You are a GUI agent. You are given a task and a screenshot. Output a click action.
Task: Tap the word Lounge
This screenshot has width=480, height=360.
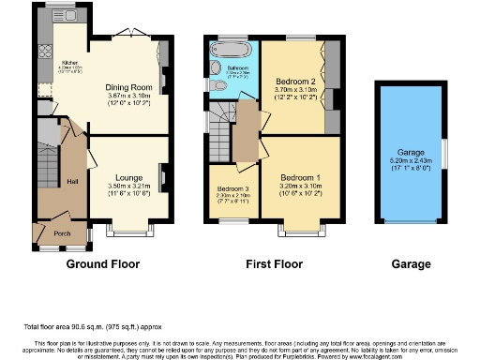tap(129, 177)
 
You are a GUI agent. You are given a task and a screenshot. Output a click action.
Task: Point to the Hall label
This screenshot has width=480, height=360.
tap(72, 181)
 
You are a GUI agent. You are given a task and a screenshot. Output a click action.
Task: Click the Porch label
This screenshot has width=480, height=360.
tap(63, 234)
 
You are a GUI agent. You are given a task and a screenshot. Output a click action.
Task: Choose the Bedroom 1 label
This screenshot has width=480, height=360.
tap(301, 177)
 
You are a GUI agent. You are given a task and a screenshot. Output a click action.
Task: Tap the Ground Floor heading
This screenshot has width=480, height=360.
tap(105, 265)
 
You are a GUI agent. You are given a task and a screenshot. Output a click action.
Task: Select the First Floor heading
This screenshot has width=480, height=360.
tap(271, 265)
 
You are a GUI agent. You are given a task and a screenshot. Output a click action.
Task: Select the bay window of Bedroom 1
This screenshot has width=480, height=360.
tap(300, 228)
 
